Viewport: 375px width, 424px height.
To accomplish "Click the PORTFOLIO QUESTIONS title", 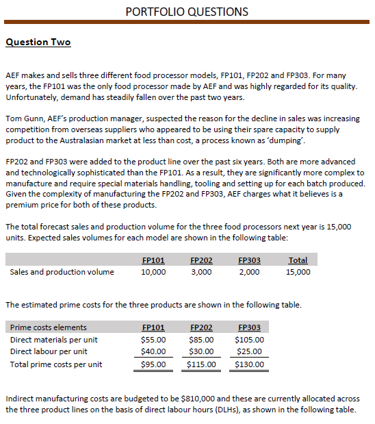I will [x=187, y=12].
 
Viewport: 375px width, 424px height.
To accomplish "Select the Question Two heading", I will [x=38, y=42].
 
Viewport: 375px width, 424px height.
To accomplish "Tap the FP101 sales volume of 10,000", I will [x=153, y=272].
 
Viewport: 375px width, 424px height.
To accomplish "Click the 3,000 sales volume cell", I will [x=201, y=272].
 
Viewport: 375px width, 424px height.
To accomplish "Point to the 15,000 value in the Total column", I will [x=298, y=272].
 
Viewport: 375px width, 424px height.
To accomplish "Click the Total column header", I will [x=298, y=260].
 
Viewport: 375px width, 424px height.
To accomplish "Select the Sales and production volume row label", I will [x=62, y=272].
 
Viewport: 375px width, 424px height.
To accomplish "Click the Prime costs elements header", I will [x=49, y=327].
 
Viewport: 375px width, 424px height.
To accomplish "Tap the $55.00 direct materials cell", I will [x=153, y=339].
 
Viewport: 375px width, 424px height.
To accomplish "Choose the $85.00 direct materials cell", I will [x=201, y=339].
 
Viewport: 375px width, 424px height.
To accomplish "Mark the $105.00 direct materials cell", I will [x=249, y=339].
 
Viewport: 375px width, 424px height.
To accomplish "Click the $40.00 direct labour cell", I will [x=153, y=351].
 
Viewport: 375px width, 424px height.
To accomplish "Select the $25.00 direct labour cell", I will [x=249, y=351].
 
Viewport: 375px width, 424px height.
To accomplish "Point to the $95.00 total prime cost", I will [x=153, y=364].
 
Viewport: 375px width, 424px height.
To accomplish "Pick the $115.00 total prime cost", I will [x=201, y=364].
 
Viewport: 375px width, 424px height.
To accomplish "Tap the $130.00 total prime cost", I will [x=249, y=364].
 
